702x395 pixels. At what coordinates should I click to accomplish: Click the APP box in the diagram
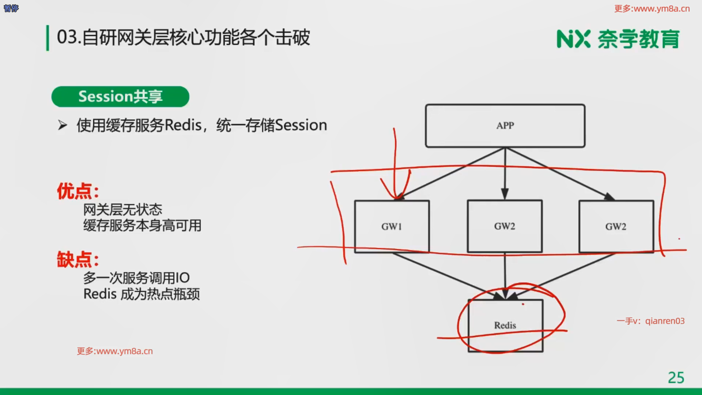point(505,126)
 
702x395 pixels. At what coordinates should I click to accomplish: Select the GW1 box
point(392,226)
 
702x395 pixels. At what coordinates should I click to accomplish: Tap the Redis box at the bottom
point(505,325)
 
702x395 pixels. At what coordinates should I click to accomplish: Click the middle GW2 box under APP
point(505,226)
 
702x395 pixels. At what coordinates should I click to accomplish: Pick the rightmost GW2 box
point(616,226)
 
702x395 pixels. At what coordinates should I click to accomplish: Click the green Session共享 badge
point(120,97)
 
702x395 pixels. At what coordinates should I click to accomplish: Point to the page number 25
point(676,378)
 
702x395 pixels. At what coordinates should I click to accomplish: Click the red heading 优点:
point(78,191)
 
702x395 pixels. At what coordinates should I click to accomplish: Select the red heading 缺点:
point(78,260)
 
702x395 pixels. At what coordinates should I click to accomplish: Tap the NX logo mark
point(573,39)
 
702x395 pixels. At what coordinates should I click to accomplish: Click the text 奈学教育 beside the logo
point(638,39)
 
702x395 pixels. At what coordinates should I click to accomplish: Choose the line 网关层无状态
point(122,210)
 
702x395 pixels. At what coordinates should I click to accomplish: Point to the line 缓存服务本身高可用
point(142,226)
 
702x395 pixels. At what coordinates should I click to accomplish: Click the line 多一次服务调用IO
point(136,278)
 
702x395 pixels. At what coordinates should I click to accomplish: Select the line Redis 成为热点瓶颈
point(141,294)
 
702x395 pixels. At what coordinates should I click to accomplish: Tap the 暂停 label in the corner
point(11,8)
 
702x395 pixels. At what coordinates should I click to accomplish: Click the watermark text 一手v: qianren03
point(650,321)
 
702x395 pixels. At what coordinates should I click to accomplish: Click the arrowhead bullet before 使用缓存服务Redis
point(63,125)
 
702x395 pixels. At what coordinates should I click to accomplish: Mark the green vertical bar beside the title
point(48,38)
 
